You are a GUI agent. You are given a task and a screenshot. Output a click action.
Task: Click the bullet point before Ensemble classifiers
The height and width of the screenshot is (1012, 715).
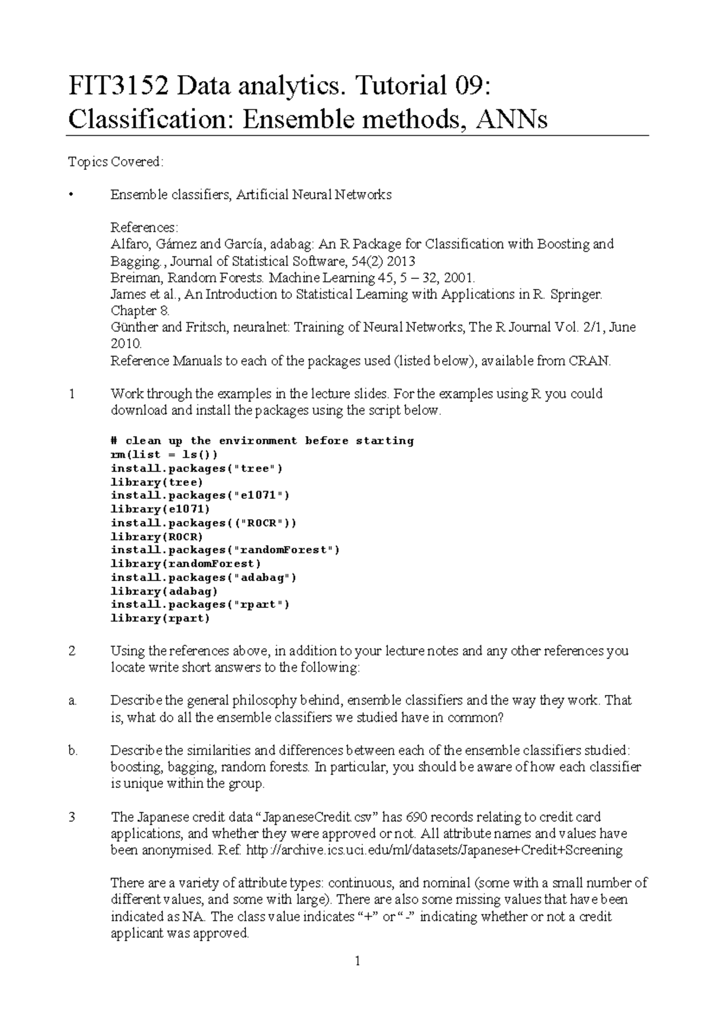71,195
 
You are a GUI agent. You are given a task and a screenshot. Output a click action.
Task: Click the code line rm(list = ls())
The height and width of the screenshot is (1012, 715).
160,455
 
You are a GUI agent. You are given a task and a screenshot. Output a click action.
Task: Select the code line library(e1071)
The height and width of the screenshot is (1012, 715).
160,509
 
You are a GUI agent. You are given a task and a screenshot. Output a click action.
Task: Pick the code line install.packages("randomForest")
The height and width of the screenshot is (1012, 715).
225,550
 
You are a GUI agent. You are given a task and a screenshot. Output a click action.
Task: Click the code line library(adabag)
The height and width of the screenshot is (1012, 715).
164,591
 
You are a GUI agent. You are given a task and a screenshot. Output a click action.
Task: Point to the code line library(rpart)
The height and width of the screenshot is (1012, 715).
160,618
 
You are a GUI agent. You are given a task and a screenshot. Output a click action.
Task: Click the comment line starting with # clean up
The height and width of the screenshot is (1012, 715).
262,441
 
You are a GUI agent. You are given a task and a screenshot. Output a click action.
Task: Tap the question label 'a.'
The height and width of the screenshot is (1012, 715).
73,701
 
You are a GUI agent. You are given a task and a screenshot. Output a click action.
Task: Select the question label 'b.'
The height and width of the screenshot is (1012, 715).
73,751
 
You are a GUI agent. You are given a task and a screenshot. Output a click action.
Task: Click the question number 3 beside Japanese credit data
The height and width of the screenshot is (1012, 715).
71,817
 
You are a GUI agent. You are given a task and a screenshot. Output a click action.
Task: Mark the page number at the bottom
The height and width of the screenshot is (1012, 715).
357,961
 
